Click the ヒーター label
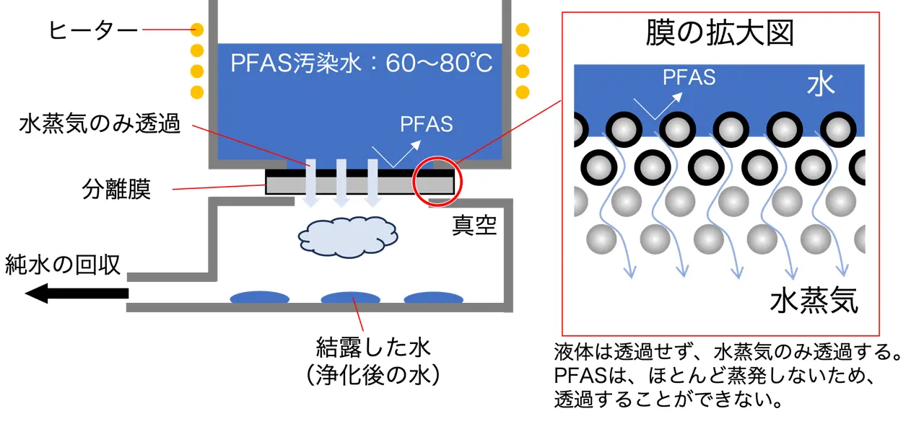tap(92, 30)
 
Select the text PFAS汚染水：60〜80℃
tap(361, 64)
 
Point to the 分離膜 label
tap(116, 191)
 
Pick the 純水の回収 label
tap(63, 265)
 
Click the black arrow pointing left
tap(76, 293)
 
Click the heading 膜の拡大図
tap(720, 34)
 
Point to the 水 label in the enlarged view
tap(821, 84)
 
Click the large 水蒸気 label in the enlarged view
tap(814, 301)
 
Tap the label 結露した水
tap(373, 349)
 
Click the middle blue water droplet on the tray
tap(350, 297)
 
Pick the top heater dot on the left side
tap(196, 30)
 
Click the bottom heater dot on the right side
tap(522, 92)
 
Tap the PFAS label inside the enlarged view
tap(689, 77)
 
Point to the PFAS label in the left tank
tap(426, 124)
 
